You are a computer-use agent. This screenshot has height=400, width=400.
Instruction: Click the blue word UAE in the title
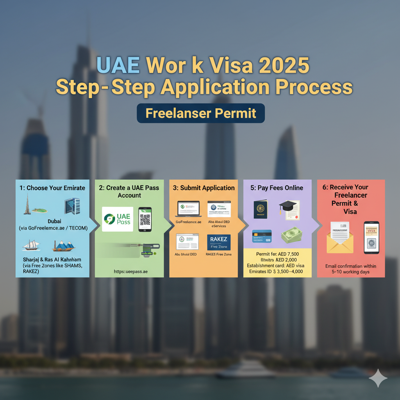[118, 65]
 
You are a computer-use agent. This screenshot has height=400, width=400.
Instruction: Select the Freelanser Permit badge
[201, 113]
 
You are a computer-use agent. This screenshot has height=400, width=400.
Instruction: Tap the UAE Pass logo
[118, 219]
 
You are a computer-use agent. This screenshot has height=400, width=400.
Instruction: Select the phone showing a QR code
[145, 219]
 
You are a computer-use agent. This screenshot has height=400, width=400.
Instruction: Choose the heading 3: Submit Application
[204, 188]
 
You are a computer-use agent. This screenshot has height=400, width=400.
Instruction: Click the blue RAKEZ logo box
[218, 242]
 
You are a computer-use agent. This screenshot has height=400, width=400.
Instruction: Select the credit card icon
[262, 236]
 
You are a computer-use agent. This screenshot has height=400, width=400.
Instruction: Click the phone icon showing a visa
[371, 237]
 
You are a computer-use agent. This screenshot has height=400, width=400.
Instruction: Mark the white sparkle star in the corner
[378, 378]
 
